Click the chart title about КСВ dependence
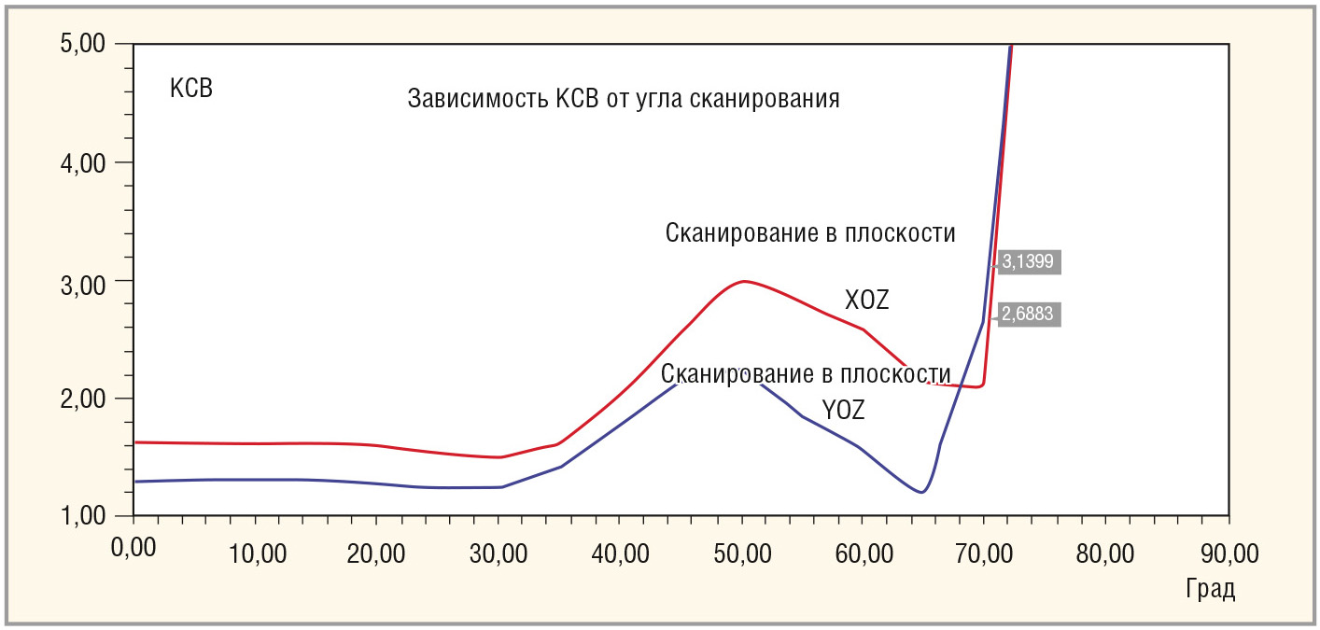(624, 99)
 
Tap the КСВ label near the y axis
(191, 90)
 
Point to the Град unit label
(1211, 590)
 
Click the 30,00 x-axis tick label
(499, 553)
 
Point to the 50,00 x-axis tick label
(741, 553)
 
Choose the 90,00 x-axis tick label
(1229, 553)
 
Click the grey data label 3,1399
(1028, 262)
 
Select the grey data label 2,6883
(1028, 315)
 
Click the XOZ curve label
(867, 301)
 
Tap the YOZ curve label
(843, 410)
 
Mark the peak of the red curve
(743, 281)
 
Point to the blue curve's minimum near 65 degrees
(921, 492)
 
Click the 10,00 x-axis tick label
(257, 553)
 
